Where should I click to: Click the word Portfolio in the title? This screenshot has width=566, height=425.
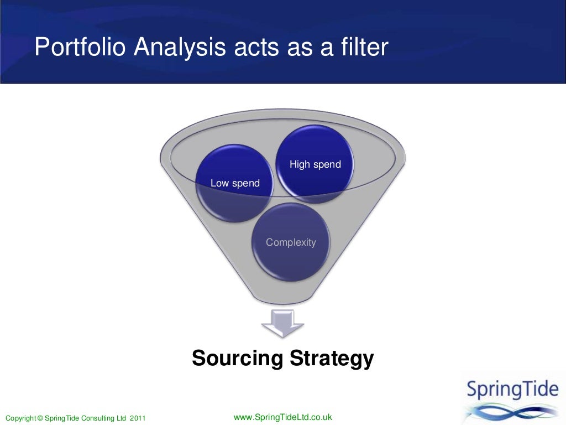tap(81, 48)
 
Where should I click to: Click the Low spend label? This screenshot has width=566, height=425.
tap(235, 184)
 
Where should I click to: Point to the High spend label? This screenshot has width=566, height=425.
tap(315, 164)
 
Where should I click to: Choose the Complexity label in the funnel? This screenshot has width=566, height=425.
tap(291, 242)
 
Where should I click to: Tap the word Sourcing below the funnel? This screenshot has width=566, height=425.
tap(237, 359)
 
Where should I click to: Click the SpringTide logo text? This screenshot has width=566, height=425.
tap(512, 390)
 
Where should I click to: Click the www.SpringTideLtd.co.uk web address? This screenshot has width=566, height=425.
tap(283, 417)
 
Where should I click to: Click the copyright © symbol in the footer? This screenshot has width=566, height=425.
tap(38, 418)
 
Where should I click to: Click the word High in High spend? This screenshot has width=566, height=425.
tap(300, 164)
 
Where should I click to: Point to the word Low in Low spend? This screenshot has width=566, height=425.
tap(219, 184)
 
